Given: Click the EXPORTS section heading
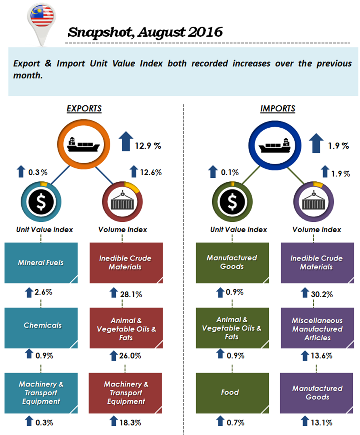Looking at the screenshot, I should pyautogui.click(x=84, y=109).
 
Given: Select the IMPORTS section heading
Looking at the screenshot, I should pyautogui.click(x=278, y=109).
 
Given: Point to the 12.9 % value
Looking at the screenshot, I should pyautogui.click(x=148, y=146).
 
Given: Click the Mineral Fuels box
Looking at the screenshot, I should pyautogui.click(x=41, y=263).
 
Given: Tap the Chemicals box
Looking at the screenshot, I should pyautogui.click(x=41, y=326).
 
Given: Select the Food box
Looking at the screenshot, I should pyautogui.click(x=232, y=392).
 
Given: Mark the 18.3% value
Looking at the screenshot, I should pyautogui.click(x=130, y=422).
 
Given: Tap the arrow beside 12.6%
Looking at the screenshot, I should pyautogui.click(x=134, y=172).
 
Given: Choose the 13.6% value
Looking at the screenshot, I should pyautogui.click(x=322, y=356).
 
